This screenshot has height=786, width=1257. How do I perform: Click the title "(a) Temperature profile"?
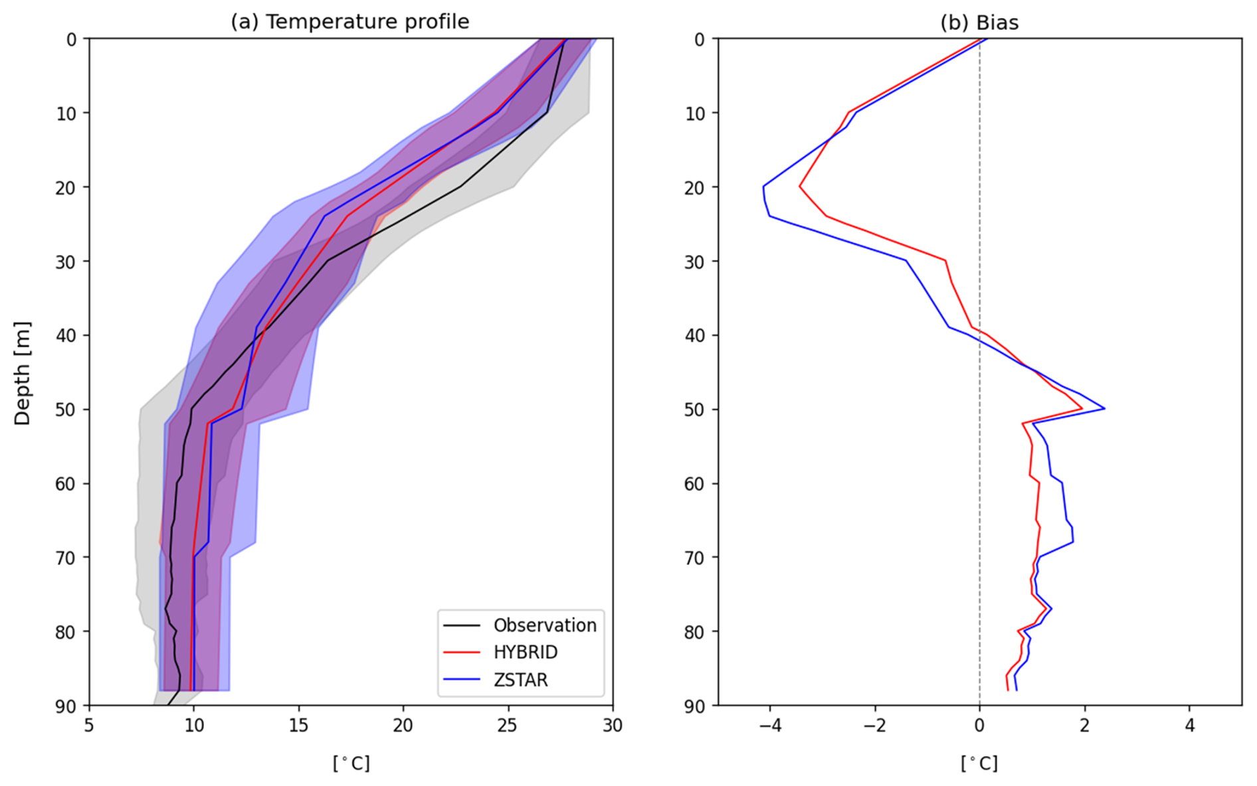coord(349,22)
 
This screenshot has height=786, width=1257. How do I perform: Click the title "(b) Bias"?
coord(979,22)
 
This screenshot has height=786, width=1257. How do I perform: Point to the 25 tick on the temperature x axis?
coord(508,725)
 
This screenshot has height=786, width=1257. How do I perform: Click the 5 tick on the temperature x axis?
coord(90,725)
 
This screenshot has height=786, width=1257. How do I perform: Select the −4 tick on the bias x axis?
coord(769,725)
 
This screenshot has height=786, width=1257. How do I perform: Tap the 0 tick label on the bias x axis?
coord(979,725)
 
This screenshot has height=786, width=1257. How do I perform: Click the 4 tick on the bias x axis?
coord(1189,725)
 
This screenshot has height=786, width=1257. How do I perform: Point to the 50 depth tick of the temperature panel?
coord(68,409)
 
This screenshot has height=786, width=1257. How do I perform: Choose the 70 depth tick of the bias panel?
coord(694,557)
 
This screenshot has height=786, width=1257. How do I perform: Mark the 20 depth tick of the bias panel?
coord(694,187)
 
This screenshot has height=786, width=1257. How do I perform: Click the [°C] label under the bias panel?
coord(979,763)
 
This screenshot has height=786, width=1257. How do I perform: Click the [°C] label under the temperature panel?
coord(351,763)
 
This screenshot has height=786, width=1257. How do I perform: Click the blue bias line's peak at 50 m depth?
coord(1104,408)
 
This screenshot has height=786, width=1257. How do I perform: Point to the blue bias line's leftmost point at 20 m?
coord(763,187)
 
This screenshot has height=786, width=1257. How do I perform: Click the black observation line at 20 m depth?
coord(460,187)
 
